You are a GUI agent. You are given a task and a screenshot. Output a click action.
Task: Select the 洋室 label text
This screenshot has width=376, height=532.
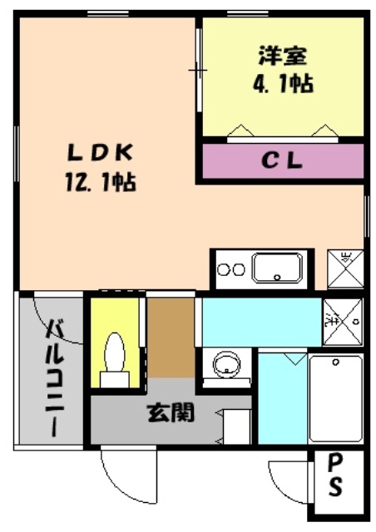[284, 57]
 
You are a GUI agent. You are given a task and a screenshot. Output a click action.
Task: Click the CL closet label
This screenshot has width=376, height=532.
[284, 161]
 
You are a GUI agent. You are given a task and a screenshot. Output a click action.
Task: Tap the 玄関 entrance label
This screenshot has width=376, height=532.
[171, 411]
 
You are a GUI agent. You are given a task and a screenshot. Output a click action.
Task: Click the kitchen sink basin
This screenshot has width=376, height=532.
[277, 268]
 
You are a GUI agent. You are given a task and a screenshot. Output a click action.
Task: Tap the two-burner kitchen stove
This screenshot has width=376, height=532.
[230, 269]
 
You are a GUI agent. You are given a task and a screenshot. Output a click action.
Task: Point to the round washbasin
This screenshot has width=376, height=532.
[225, 363]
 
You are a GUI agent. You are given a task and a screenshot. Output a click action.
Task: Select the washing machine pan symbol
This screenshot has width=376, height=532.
[343, 318]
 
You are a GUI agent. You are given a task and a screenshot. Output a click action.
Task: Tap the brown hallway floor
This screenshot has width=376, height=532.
[171, 337]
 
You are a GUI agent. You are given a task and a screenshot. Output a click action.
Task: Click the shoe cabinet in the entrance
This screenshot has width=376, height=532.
[237, 428]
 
